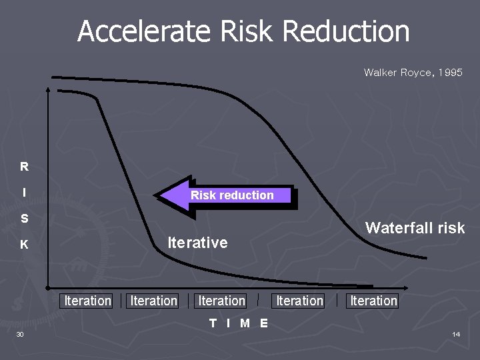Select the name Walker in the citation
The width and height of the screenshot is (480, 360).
(379, 72)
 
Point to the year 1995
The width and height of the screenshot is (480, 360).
(449, 72)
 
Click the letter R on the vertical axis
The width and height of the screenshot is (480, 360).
(24, 167)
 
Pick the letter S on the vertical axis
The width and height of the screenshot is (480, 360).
(24, 219)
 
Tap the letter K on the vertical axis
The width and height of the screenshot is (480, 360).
(24, 245)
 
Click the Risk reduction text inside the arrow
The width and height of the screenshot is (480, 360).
(232, 195)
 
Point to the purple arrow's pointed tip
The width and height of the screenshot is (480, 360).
(158, 196)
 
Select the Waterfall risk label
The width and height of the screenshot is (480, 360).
(415, 228)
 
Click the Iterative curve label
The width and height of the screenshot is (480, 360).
(197, 243)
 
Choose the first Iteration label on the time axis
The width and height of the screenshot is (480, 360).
(87, 301)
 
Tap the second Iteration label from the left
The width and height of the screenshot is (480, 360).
(154, 301)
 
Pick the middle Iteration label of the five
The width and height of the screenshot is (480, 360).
(222, 301)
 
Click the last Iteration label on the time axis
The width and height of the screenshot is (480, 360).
(373, 301)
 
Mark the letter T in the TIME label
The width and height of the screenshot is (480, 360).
(213, 323)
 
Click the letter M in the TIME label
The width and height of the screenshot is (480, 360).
(245, 323)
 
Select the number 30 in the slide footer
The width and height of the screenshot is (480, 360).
(20, 334)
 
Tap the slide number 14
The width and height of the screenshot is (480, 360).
(456, 334)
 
